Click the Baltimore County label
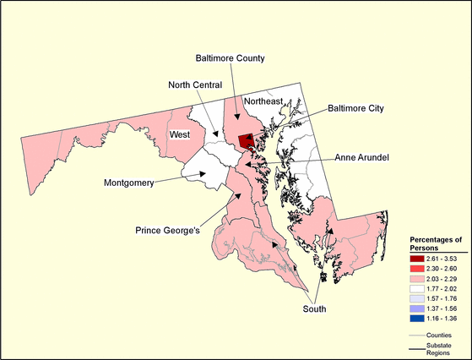click(x=230, y=58)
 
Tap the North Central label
click(x=194, y=85)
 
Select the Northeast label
click(x=264, y=101)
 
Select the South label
click(x=314, y=309)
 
